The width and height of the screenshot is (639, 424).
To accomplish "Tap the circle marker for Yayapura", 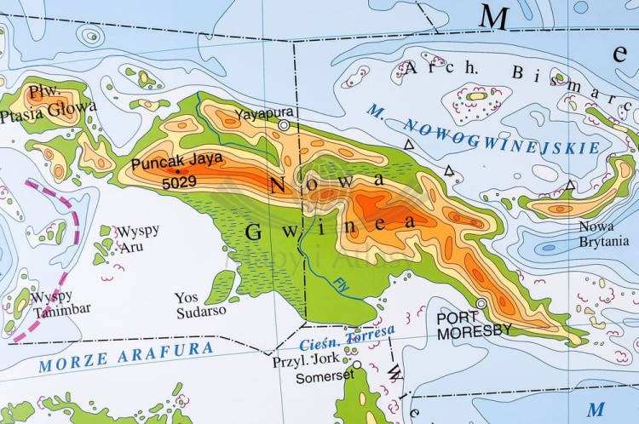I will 284,125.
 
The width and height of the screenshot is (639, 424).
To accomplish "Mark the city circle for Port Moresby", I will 481,303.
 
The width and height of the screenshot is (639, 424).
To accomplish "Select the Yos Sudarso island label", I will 200,304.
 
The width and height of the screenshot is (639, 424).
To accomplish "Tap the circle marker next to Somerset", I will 358,365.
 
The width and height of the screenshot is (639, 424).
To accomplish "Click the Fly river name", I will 341,281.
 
